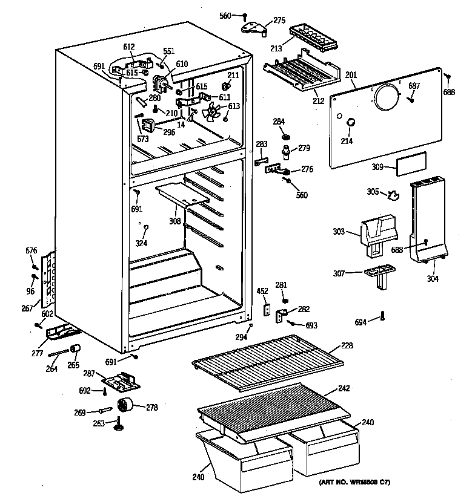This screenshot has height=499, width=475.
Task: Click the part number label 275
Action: tap(279, 21)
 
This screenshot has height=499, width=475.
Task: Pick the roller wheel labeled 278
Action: tap(126, 406)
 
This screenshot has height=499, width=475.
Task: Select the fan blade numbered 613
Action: tap(213, 112)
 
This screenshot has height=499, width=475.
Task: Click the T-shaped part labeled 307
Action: tap(378, 275)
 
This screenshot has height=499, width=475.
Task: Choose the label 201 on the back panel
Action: tap(351, 75)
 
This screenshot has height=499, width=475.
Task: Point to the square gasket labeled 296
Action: tap(148, 126)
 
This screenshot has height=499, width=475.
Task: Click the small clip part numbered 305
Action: tap(394, 195)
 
